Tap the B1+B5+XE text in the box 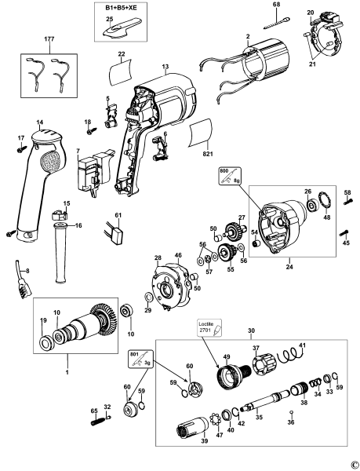[x=120, y=6]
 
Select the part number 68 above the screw [x=276, y=6]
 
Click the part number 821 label [x=209, y=156]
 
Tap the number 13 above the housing [x=165, y=69]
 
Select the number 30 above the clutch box [x=252, y=331]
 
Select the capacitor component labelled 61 [x=119, y=235]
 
